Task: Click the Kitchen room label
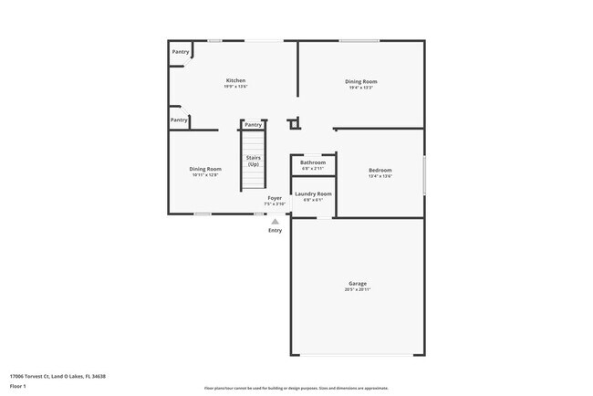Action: [x=235, y=80]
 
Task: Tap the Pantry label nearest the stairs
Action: [x=254, y=124]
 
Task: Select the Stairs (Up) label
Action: [x=254, y=161]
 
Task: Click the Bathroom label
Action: [x=313, y=162]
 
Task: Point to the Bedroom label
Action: [x=380, y=171]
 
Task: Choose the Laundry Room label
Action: [x=313, y=193]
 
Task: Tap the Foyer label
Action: [x=274, y=198]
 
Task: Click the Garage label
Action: [x=358, y=284]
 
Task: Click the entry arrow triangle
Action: [x=275, y=220]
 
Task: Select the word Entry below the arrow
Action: [x=275, y=230]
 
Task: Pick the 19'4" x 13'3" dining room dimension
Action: [x=361, y=88]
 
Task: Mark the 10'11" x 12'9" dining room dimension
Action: [x=205, y=175]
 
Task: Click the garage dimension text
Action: [x=358, y=290]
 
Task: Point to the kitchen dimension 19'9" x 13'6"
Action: [x=235, y=87]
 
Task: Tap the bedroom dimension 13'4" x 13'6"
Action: [x=380, y=177]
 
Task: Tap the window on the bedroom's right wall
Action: [x=424, y=173]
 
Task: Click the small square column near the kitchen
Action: [x=293, y=124]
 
